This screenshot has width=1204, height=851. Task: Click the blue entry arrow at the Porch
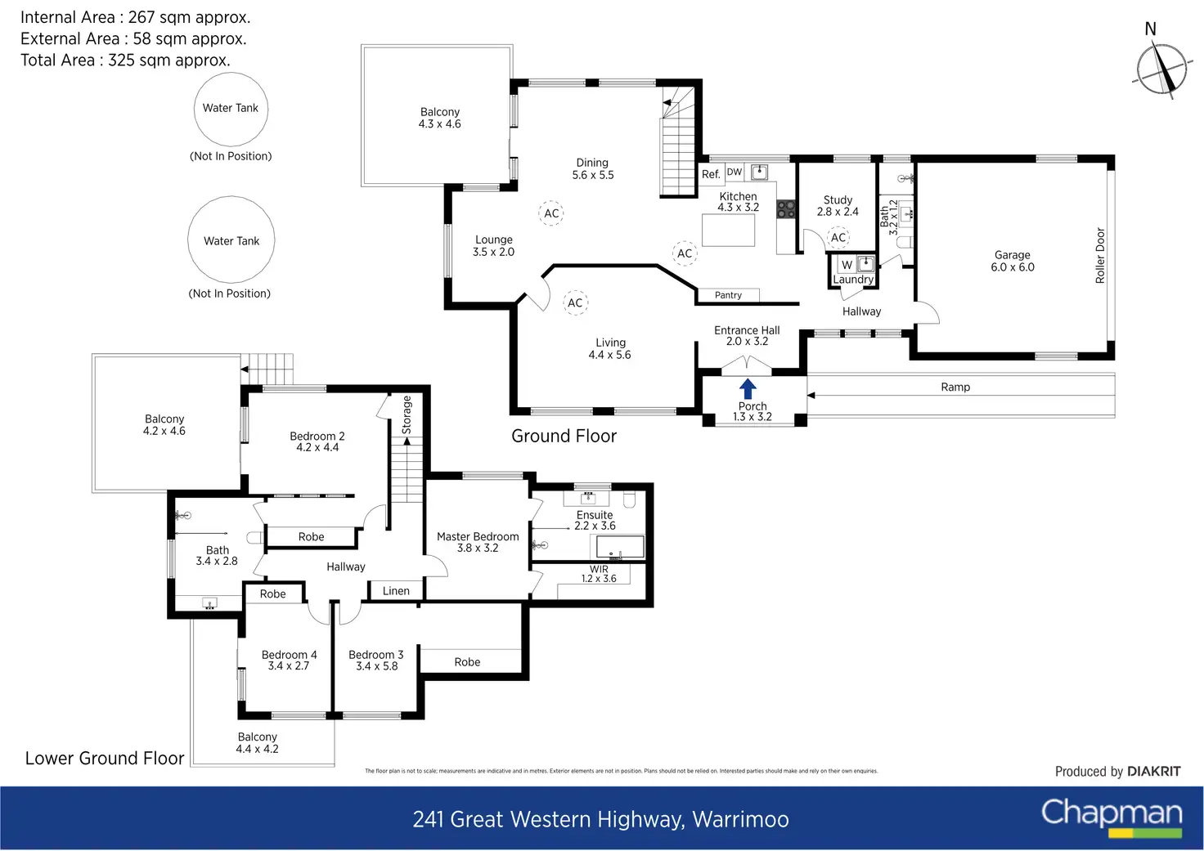click(x=748, y=388)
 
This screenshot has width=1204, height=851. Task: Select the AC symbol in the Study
click(x=838, y=238)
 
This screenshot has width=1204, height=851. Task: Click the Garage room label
click(x=1013, y=261)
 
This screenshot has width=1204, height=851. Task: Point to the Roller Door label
click(x=1100, y=256)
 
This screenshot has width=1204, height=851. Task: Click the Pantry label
click(x=728, y=295)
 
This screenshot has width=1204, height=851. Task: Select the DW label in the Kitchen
click(x=735, y=172)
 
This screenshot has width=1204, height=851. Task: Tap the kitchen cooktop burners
click(x=786, y=209)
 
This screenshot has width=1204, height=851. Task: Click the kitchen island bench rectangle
click(x=729, y=230)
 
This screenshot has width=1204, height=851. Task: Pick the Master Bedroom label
click(x=478, y=542)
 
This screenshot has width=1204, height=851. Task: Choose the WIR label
click(x=599, y=574)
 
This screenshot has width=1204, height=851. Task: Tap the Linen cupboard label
click(x=396, y=591)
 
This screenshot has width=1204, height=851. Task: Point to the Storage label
click(x=407, y=414)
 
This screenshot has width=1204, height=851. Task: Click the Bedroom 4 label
click(x=289, y=661)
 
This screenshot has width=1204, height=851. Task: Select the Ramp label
click(x=955, y=387)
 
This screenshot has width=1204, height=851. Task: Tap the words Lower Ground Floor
click(x=105, y=759)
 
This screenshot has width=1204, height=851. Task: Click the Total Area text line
click(x=125, y=60)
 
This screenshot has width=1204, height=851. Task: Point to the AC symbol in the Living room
click(x=575, y=302)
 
